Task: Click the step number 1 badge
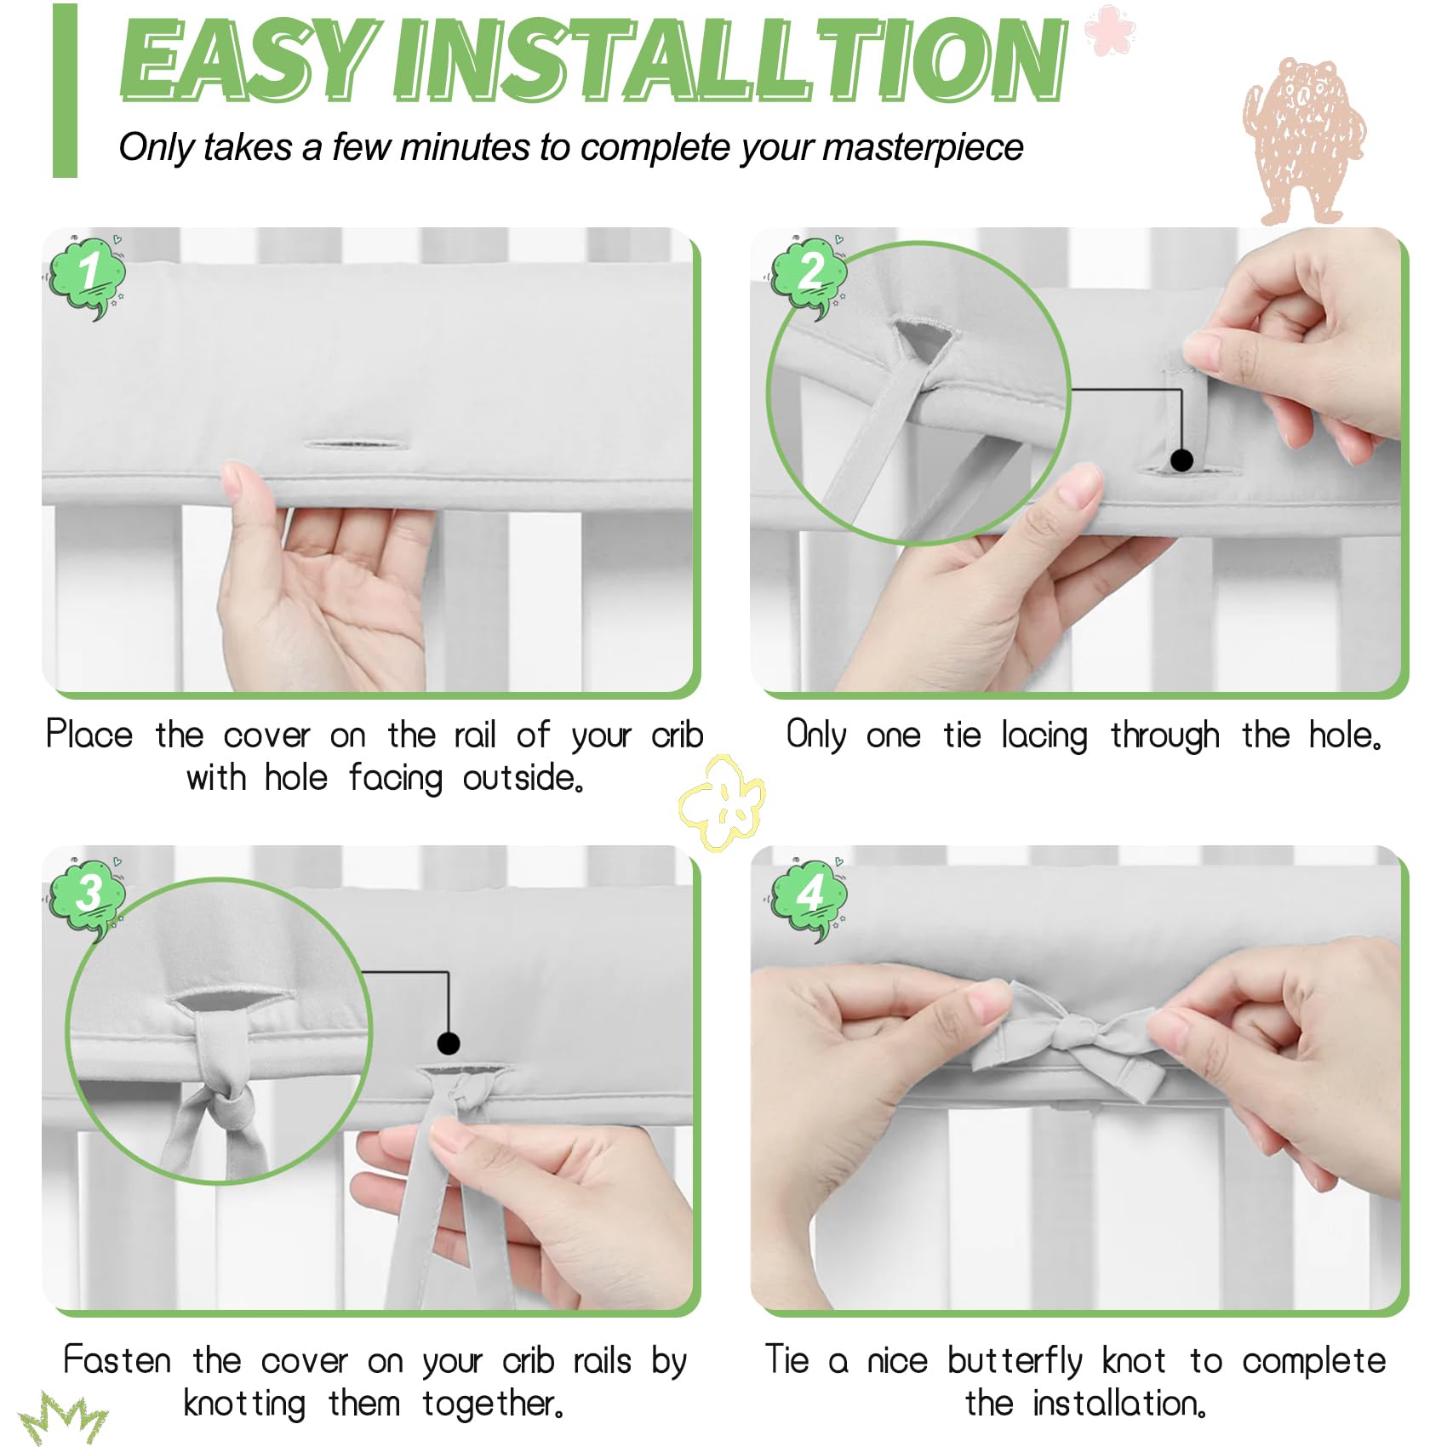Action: [x=87, y=275]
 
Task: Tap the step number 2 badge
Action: [x=809, y=275]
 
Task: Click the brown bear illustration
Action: [x=1302, y=140]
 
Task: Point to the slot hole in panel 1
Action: [x=357, y=444]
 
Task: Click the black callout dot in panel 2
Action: [x=1181, y=460]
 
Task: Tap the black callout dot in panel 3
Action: [x=449, y=1043]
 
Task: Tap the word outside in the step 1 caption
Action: [x=523, y=778]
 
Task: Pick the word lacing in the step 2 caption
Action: [x=1044, y=736]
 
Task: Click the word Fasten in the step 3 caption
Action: [x=117, y=1360]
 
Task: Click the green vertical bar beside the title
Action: [x=65, y=90]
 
